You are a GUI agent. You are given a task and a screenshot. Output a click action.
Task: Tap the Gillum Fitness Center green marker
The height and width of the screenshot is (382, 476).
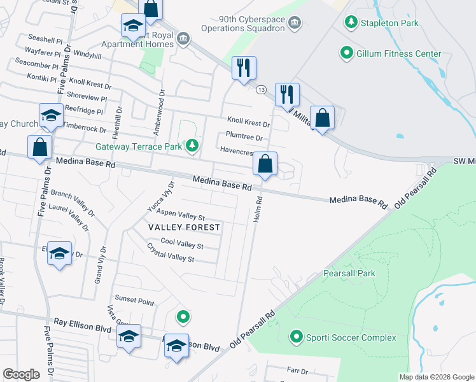tap(347, 53)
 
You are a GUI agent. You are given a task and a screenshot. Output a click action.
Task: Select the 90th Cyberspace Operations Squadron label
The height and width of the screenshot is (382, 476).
tap(242, 23)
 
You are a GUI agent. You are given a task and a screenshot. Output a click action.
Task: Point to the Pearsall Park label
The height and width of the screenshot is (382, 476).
tap(349, 273)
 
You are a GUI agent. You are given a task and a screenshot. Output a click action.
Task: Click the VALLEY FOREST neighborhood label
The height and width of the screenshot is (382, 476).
tap(184, 227)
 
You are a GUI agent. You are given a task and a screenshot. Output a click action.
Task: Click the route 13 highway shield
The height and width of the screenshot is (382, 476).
tap(261, 90)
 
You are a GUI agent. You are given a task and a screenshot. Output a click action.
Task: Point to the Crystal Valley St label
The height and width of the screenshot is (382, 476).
tap(170, 253)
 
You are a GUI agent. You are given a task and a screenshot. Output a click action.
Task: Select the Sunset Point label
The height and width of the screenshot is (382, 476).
tap(134, 299)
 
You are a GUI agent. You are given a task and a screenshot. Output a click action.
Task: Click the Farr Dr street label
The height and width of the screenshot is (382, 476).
tap(297, 371)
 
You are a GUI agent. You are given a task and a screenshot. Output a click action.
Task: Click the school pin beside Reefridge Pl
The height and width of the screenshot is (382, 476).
tap(51, 115)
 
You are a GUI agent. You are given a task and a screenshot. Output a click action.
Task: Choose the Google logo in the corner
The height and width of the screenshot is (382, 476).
tap(21, 374)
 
